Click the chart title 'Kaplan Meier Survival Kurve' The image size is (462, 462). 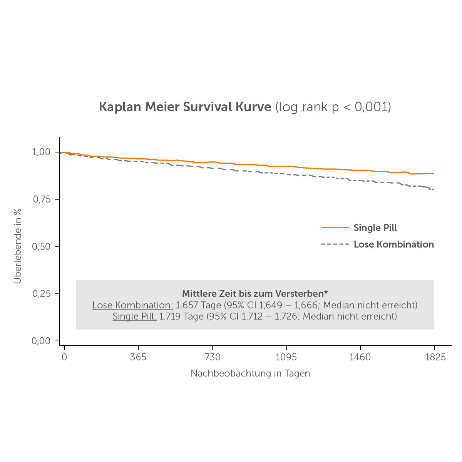tap(185, 107)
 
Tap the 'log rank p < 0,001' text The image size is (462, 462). tap(333, 107)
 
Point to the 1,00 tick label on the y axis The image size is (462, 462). tap(41, 152)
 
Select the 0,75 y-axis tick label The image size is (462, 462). tap(41, 199)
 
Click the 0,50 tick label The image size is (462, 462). tap(41, 246)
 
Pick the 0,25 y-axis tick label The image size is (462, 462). tap(41, 293)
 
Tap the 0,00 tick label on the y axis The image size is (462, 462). tap(41, 341)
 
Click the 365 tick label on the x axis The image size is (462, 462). tap(138, 357)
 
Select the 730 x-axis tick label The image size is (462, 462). tap(213, 357)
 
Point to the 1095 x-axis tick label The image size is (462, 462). tap(286, 357)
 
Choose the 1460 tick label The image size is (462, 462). tap(360, 357)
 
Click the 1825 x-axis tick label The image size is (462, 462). tap(435, 357)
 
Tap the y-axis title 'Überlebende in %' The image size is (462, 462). tap(17, 246)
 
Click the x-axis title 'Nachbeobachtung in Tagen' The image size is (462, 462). tap(250, 373)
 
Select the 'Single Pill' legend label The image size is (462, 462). tap(375, 228)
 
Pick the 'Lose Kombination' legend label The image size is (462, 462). tap(393, 244)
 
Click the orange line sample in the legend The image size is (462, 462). tap(335, 228)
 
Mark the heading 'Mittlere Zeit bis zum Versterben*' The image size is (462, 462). tap(255, 293)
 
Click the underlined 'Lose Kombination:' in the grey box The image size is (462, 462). tap(133, 305)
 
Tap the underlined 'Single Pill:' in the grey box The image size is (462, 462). tap(134, 316)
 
